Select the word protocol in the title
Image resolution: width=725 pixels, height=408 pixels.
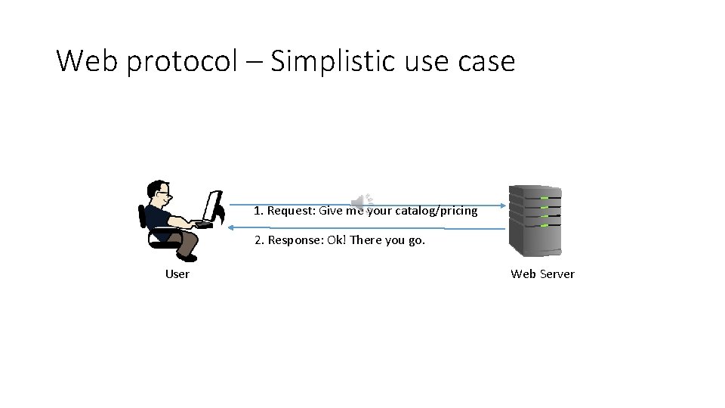[182, 61]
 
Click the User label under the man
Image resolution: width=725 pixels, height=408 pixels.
[177, 274]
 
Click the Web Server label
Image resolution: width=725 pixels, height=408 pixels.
[542, 274]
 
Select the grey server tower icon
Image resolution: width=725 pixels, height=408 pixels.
[535, 221]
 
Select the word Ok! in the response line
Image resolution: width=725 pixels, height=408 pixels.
[337, 240]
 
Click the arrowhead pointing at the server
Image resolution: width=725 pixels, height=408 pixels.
[503, 204]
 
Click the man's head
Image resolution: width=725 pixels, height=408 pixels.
[159, 193]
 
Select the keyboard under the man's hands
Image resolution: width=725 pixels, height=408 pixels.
[202, 224]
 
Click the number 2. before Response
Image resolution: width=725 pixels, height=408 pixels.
[259, 240]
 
